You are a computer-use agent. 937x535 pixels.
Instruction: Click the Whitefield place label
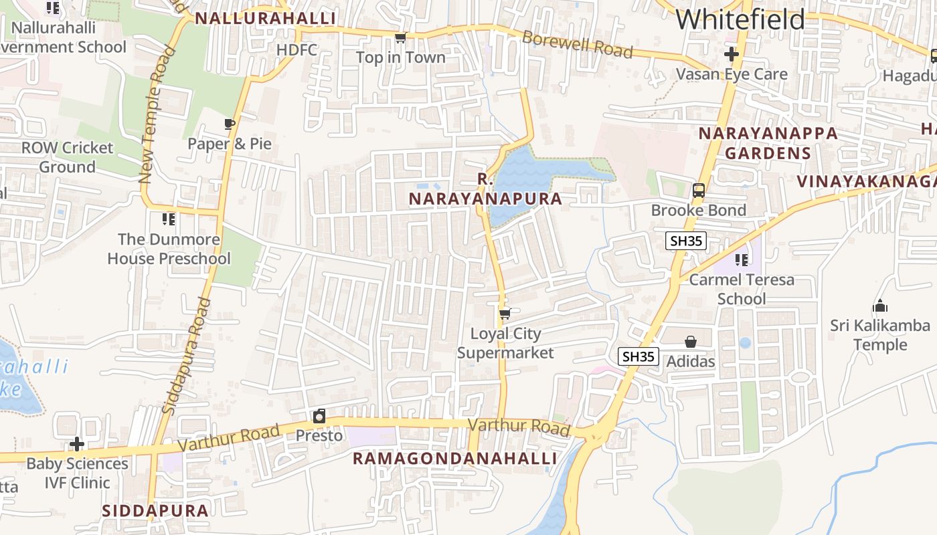[740, 19]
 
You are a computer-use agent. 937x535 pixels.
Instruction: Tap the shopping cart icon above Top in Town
[400, 38]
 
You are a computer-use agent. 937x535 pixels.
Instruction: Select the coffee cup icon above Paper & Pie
[230, 124]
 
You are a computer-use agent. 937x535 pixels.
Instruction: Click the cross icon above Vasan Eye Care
[732, 54]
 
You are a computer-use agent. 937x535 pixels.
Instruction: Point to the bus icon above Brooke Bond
[699, 191]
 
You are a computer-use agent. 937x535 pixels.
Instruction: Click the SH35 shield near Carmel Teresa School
[686, 241]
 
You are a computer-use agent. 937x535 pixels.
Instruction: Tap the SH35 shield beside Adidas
[638, 356]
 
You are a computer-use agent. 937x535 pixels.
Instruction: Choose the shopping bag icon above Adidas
[691, 342]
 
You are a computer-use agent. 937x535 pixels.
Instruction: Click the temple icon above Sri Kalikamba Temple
[880, 306]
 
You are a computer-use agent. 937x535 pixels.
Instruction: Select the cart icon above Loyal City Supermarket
[505, 314]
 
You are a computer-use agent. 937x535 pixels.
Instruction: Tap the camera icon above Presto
[319, 416]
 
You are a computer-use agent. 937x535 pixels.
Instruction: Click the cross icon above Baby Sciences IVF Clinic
[77, 444]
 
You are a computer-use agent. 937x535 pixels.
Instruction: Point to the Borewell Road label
[577, 44]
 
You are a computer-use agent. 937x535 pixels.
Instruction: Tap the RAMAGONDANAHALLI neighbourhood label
[454, 458]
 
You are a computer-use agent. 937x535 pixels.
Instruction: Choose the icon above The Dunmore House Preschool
[169, 219]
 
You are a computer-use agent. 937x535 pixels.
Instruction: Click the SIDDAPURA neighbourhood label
[155, 510]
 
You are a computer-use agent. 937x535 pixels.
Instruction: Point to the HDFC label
[296, 51]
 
